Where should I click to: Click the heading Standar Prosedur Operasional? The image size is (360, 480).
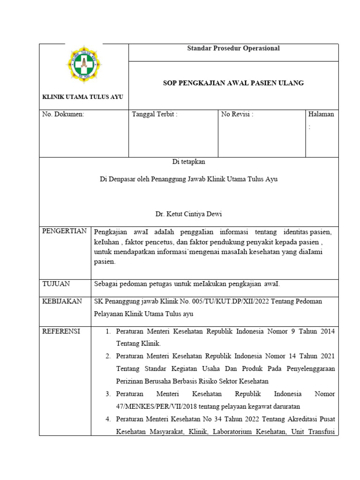(233, 48)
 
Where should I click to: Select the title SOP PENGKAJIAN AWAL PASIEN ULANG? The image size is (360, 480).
(233, 83)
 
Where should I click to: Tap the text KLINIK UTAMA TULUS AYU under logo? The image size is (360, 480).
(82, 97)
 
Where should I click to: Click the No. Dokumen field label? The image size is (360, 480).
(63, 114)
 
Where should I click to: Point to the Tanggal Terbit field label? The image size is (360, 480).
(155, 114)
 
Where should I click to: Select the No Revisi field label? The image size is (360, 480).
(237, 114)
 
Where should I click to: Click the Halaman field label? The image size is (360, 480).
(321, 114)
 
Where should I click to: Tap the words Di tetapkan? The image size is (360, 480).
(188, 162)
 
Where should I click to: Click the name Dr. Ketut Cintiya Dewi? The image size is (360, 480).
(188, 214)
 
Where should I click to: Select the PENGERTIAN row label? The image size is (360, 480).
(65, 231)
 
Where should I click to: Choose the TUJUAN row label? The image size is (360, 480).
(56, 284)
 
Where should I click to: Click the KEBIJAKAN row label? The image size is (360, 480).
(62, 301)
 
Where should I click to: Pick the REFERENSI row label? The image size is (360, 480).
(61, 331)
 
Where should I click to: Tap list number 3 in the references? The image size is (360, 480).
(108, 393)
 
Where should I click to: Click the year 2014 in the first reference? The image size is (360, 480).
(327, 331)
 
